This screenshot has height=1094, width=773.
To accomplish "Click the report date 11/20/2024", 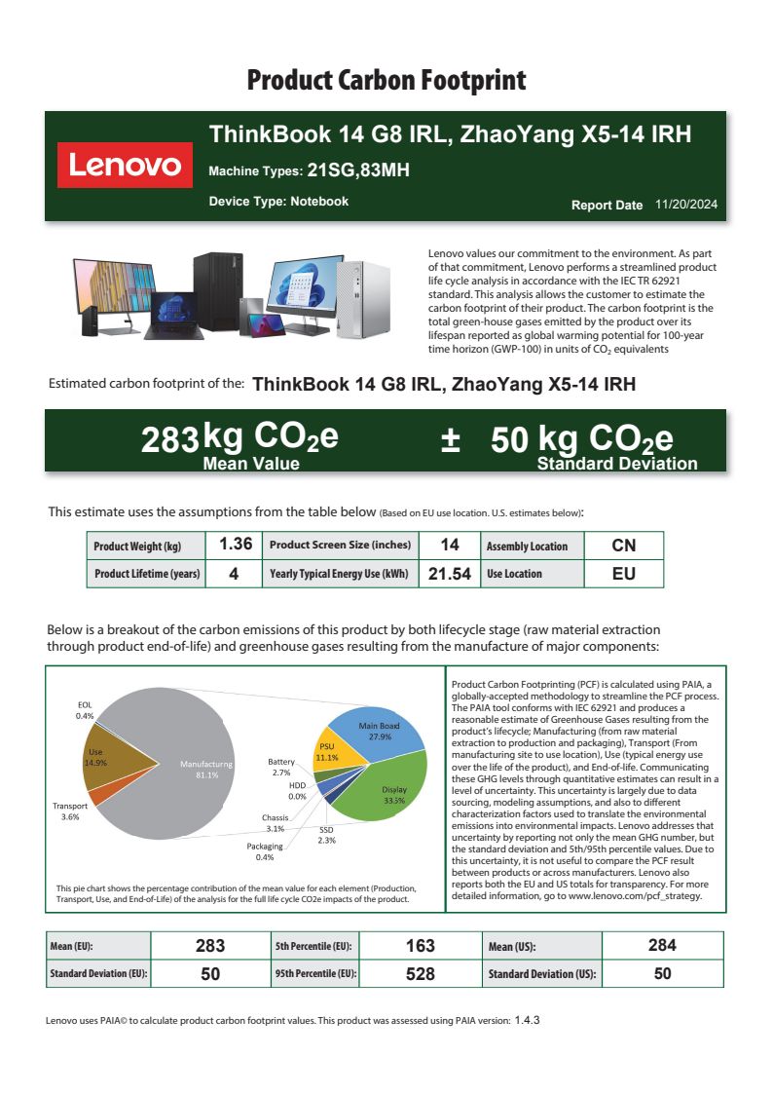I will [686, 205].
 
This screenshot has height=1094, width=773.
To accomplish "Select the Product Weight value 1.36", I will [236, 545].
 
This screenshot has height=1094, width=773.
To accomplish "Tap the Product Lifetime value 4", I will [234, 574].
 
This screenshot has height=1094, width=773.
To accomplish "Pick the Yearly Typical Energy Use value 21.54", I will [450, 574].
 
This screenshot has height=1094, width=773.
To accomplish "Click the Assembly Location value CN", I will [623, 545].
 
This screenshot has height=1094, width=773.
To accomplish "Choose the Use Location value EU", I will [623, 574].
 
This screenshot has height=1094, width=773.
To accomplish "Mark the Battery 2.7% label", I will [280, 767].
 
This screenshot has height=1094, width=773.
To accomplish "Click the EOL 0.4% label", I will [85, 709].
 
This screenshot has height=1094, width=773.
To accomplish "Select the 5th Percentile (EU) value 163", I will [420, 945].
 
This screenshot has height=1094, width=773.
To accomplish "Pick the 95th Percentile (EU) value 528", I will [420, 973].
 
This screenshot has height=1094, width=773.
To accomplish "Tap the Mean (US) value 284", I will [662, 945].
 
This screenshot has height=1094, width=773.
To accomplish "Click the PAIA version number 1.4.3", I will [527, 1020].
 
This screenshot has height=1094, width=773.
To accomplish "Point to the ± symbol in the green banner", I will [450, 439].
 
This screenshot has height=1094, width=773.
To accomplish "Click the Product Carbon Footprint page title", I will [386, 80].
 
